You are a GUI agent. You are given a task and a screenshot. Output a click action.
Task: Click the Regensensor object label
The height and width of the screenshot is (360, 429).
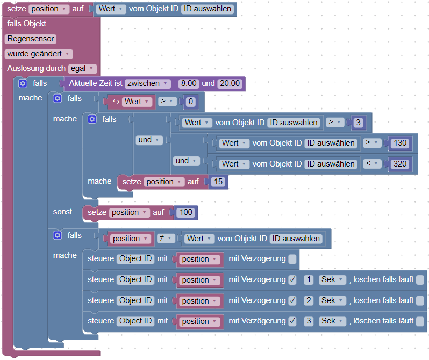coord(31,39)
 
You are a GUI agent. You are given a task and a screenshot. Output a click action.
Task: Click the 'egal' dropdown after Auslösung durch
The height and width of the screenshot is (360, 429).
coord(83,68)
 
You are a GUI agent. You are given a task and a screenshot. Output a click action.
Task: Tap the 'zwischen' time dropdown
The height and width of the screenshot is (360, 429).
coord(147,83)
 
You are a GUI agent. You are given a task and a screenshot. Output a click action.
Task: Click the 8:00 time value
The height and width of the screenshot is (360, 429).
coord(189,83)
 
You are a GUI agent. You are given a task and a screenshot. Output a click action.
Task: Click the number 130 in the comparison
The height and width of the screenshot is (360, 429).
coord(400,143)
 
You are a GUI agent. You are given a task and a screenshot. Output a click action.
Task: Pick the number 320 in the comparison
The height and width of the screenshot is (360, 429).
coord(400,163)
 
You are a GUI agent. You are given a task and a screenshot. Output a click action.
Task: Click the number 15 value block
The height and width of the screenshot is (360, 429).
coord(218,182)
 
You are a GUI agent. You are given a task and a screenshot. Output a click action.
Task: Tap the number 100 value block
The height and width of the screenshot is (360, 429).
coord(185,212)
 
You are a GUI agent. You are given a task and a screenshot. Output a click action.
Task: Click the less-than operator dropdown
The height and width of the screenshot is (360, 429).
coord(371,163)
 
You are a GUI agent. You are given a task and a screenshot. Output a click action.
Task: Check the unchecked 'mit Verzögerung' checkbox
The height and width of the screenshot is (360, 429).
coord(292,259)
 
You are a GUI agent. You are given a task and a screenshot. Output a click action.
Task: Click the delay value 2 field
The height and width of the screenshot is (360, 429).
coord(309,300)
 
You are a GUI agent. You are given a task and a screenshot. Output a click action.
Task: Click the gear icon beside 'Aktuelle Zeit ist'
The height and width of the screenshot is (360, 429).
coord(23,83)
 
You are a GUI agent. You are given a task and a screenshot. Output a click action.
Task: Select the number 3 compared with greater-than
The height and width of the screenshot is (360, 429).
coord(358,123)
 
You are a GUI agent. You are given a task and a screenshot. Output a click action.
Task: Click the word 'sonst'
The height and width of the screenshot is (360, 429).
coord(62,212)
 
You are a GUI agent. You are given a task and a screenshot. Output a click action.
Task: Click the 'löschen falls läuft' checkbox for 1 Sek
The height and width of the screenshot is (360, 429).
coord(420,280)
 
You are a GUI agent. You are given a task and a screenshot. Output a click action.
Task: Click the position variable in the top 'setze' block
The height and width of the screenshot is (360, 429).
coord(49,9)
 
